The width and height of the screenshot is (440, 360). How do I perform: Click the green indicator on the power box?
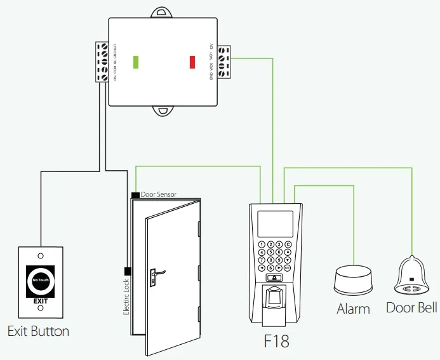(136, 62)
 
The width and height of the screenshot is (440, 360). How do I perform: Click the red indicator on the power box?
(192, 62)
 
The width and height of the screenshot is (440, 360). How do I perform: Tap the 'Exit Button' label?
(38, 331)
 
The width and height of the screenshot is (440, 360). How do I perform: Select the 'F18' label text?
(276, 341)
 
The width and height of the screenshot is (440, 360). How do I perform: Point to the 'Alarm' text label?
(353, 309)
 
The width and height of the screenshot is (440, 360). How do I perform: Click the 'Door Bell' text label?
(411, 308)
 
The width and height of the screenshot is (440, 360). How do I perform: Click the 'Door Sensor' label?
(158, 194)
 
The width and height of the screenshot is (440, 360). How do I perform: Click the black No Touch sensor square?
(41, 280)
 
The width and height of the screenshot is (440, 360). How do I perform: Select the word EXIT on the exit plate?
(41, 301)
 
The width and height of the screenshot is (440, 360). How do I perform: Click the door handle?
(154, 274)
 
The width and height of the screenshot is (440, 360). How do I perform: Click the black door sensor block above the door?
(135, 194)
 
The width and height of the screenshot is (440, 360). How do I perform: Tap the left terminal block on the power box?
(102, 62)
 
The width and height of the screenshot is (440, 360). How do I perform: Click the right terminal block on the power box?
(223, 62)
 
